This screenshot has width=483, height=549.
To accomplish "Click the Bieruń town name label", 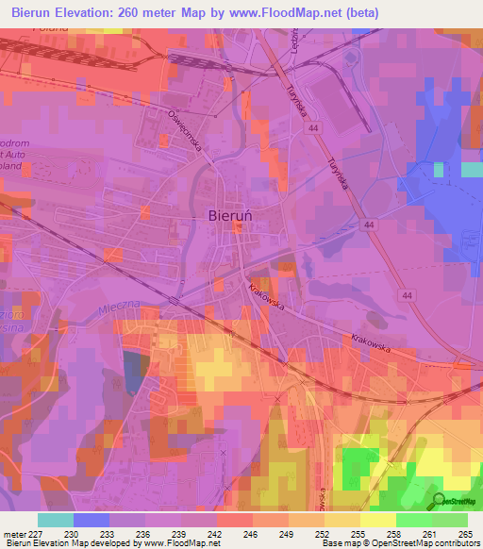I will pos(229,215).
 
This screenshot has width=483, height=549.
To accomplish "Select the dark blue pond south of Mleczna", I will pos(131,374).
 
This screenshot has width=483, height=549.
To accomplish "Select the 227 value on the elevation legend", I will pos(38,533).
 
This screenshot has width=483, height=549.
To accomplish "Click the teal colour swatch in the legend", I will pos(56,520).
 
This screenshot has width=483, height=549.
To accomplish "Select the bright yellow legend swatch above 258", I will pos(378,520).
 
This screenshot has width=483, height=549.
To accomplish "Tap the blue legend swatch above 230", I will pos(92,520).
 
